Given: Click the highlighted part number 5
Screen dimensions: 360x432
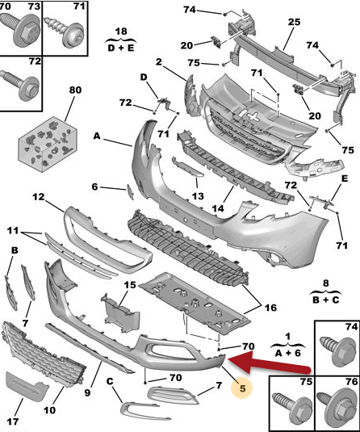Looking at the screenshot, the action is pyautogui.click(x=242, y=388).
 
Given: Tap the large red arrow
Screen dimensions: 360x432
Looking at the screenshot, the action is pyautogui.click(x=269, y=363).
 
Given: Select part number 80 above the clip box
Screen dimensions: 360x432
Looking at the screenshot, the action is pyautogui.click(x=75, y=90).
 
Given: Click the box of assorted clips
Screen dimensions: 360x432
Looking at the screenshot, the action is pyautogui.click(x=48, y=145).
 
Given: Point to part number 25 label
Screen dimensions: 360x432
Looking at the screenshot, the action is pyautogui.click(x=294, y=22).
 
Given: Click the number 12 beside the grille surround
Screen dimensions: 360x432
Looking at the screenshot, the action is pyautogui.click(x=39, y=197).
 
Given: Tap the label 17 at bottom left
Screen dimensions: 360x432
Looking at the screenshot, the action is pyautogui.click(x=13, y=422).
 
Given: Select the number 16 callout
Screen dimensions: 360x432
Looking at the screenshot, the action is pyautogui.click(x=270, y=307).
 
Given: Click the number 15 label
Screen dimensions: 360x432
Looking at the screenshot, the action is pyautogui.click(x=130, y=285).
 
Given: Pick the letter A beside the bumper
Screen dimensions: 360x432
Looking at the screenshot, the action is pyautogui.click(x=96, y=136).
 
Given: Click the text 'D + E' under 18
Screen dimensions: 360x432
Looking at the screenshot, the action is pyautogui.click(x=121, y=48).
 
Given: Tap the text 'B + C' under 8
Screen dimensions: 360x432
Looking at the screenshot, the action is pyautogui.click(x=326, y=300).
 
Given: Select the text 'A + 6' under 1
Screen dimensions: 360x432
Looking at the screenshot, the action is pyautogui.click(x=288, y=353).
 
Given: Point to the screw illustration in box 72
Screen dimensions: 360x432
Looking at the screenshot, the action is pyautogui.click(x=20, y=84).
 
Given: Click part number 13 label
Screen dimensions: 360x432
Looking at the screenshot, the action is pyautogui.click(x=198, y=196).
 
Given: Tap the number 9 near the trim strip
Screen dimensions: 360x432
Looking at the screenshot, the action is pyautogui.click(x=87, y=392).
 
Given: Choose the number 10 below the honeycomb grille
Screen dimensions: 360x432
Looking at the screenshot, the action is pyautogui.click(x=49, y=410).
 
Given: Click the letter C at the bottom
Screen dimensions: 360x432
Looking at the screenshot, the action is pyautogui.click(x=110, y=382).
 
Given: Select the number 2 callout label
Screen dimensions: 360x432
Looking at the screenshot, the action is pyautogui.click(x=159, y=61).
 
